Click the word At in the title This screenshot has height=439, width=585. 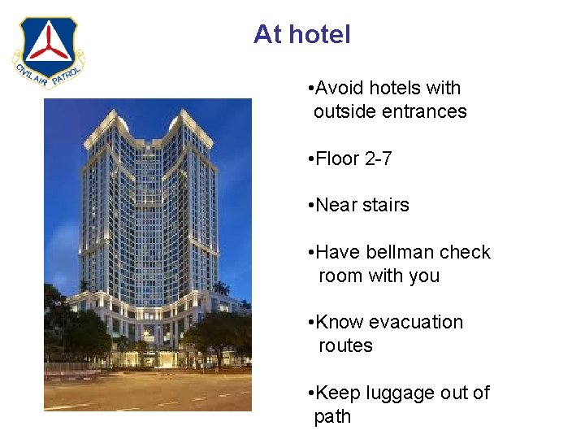point(267,35)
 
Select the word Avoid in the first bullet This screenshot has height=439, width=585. point(340,88)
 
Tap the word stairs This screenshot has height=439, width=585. point(385,205)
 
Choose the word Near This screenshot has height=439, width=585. point(336,205)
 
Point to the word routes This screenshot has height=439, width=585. point(345,346)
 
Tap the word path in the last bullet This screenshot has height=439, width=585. point(332,416)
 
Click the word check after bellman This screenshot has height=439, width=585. point(465,252)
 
